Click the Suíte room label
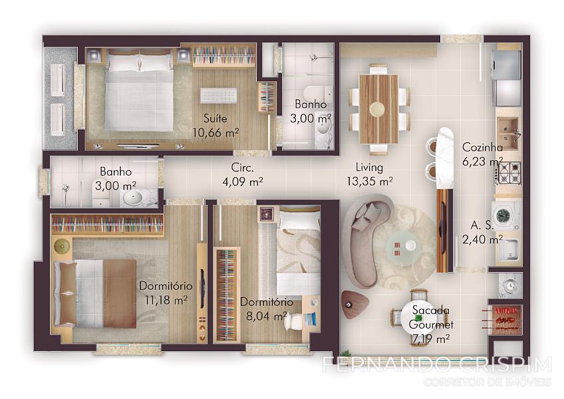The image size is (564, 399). [215, 118]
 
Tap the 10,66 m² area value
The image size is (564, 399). [215, 133]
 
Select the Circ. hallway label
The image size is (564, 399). [243, 168]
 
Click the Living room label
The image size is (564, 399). [369, 168]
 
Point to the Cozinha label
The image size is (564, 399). [482, 147]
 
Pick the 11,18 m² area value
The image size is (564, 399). [166, 300]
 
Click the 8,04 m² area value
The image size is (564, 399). [267, 317]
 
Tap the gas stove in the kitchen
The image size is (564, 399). [508, 173]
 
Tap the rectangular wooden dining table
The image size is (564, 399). [378, 109]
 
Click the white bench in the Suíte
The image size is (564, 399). [219, 95]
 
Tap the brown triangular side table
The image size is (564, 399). [354, 304]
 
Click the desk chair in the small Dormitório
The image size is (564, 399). [293, 321]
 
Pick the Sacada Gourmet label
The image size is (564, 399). [430, 317]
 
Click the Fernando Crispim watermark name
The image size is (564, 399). [437, 364]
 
